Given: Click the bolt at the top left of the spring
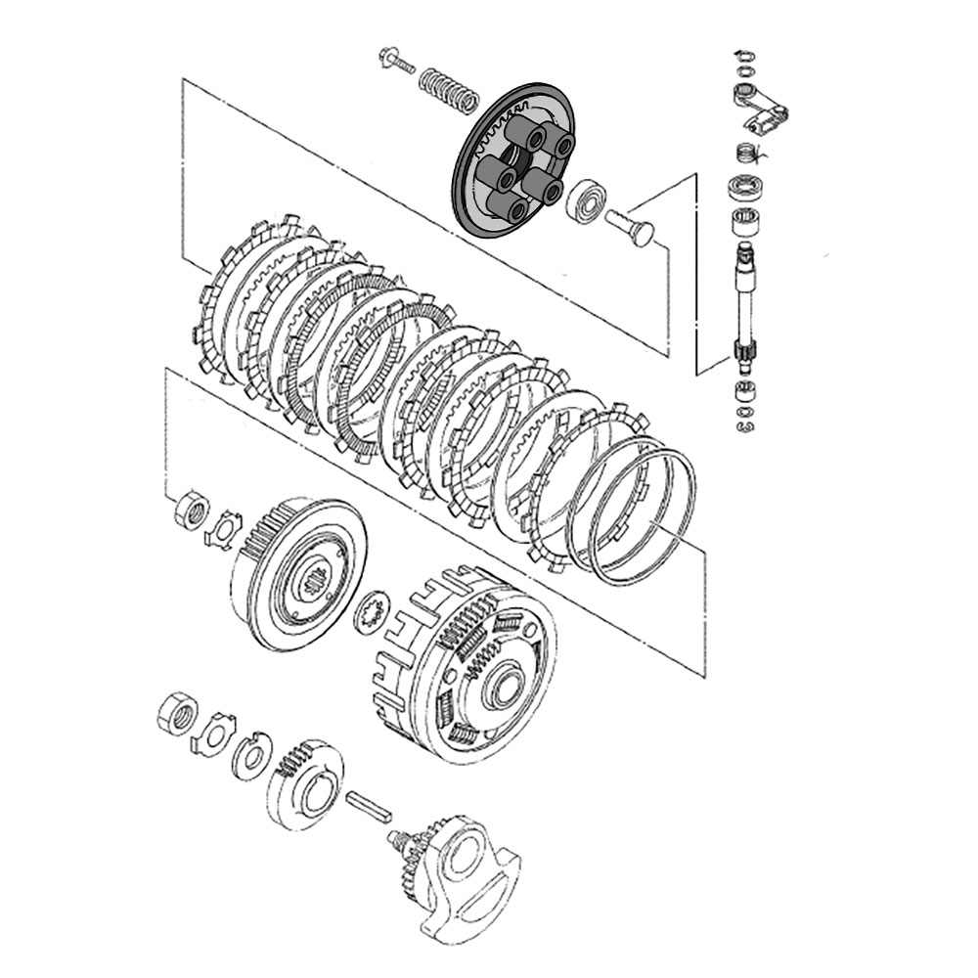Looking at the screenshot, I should click(395, 60).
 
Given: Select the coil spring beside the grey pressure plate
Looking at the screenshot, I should click(449, 89).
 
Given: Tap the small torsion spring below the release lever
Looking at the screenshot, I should click(746, 154).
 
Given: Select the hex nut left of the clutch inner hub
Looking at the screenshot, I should click(191, 511).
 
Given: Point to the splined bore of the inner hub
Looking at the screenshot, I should click(315, 587).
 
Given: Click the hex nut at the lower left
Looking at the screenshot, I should click(177, 715).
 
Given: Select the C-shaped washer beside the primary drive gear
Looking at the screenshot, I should click(250, 756).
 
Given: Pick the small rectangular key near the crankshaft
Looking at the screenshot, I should click(368, 806).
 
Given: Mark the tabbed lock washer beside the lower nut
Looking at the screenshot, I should click(213, 733).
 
